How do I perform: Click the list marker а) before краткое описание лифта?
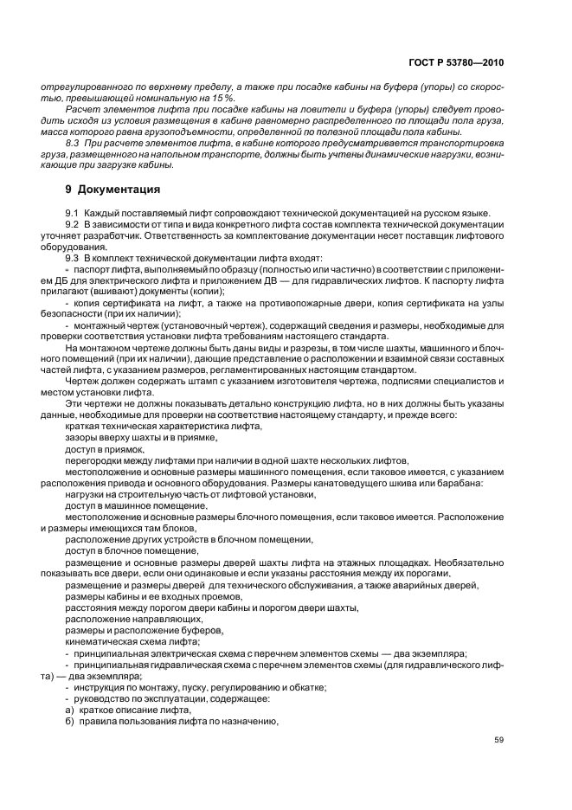(x=70, y=709)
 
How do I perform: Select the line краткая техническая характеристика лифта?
(x=162, y=427)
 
